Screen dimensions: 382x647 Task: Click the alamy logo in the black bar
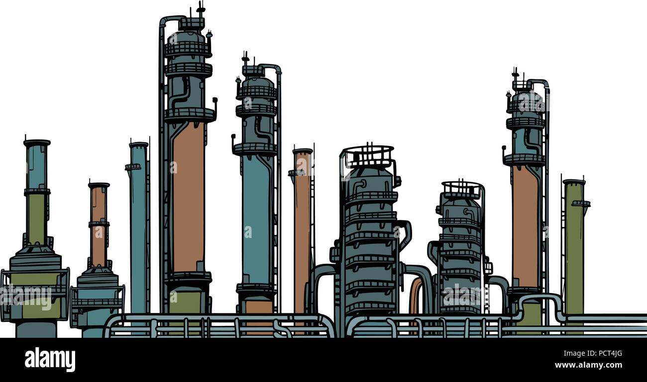point(50,359)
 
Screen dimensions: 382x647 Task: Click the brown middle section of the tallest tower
point(188,199)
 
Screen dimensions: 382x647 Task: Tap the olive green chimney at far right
point(574,248)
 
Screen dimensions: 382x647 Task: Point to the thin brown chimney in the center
point(302,224)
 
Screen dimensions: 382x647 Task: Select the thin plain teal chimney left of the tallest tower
point(138,224)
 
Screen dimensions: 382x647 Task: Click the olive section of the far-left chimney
point(36,219)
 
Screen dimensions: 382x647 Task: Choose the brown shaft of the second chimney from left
point(99,224)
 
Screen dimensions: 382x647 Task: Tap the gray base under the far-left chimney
point(36,329)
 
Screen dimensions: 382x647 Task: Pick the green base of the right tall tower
point(530,313)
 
